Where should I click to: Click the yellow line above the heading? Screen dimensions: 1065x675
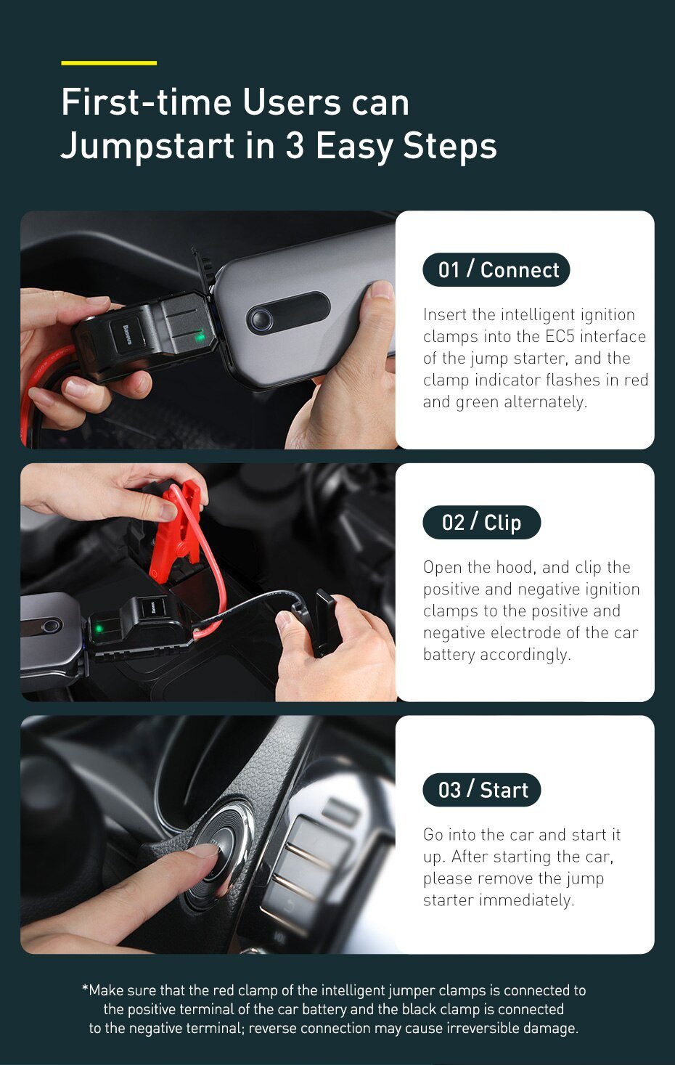pyautogui.click(x=109, y=63)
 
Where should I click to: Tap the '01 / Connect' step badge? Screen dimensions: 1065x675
pyautogui.click(x=496, y=270)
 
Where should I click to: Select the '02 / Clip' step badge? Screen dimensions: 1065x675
pyautogui.click(x=481, y=523)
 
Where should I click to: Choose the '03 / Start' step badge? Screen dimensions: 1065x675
pyautogui.click(x=482, y=790)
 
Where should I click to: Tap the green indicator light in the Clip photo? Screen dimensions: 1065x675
pyautogui.click(x=96, y=626)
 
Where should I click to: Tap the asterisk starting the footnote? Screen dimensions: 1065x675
pyautogui.click(x=85, y=989)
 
